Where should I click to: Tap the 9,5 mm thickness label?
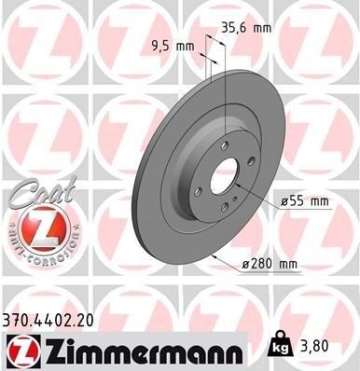click(x=172, y=46)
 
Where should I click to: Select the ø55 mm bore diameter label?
click(x=304, y=200)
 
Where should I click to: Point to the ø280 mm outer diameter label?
click(x=270, y=265)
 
